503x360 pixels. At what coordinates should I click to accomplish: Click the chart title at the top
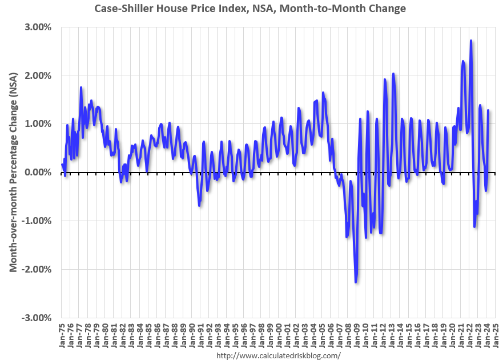pyautogui.click(x=251, y=8)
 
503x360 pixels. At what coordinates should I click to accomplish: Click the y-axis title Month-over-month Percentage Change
pyautogui.click(x=12, y=172)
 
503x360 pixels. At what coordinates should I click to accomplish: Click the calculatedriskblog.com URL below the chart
pyautogui.click(x=279, y=355)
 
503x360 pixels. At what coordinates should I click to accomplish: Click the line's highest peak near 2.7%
pyautogui.click(x=470, y=41)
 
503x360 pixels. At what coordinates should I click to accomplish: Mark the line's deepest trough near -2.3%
pyautogui.click(x=356, y=282)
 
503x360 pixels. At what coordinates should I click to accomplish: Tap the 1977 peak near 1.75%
pyautogui.click(x=81, y=87)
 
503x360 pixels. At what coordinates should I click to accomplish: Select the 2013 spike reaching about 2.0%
pyautogui.click(x=393, y=74)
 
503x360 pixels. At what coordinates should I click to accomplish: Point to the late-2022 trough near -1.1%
pyautogui.click(x=474, y=227)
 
